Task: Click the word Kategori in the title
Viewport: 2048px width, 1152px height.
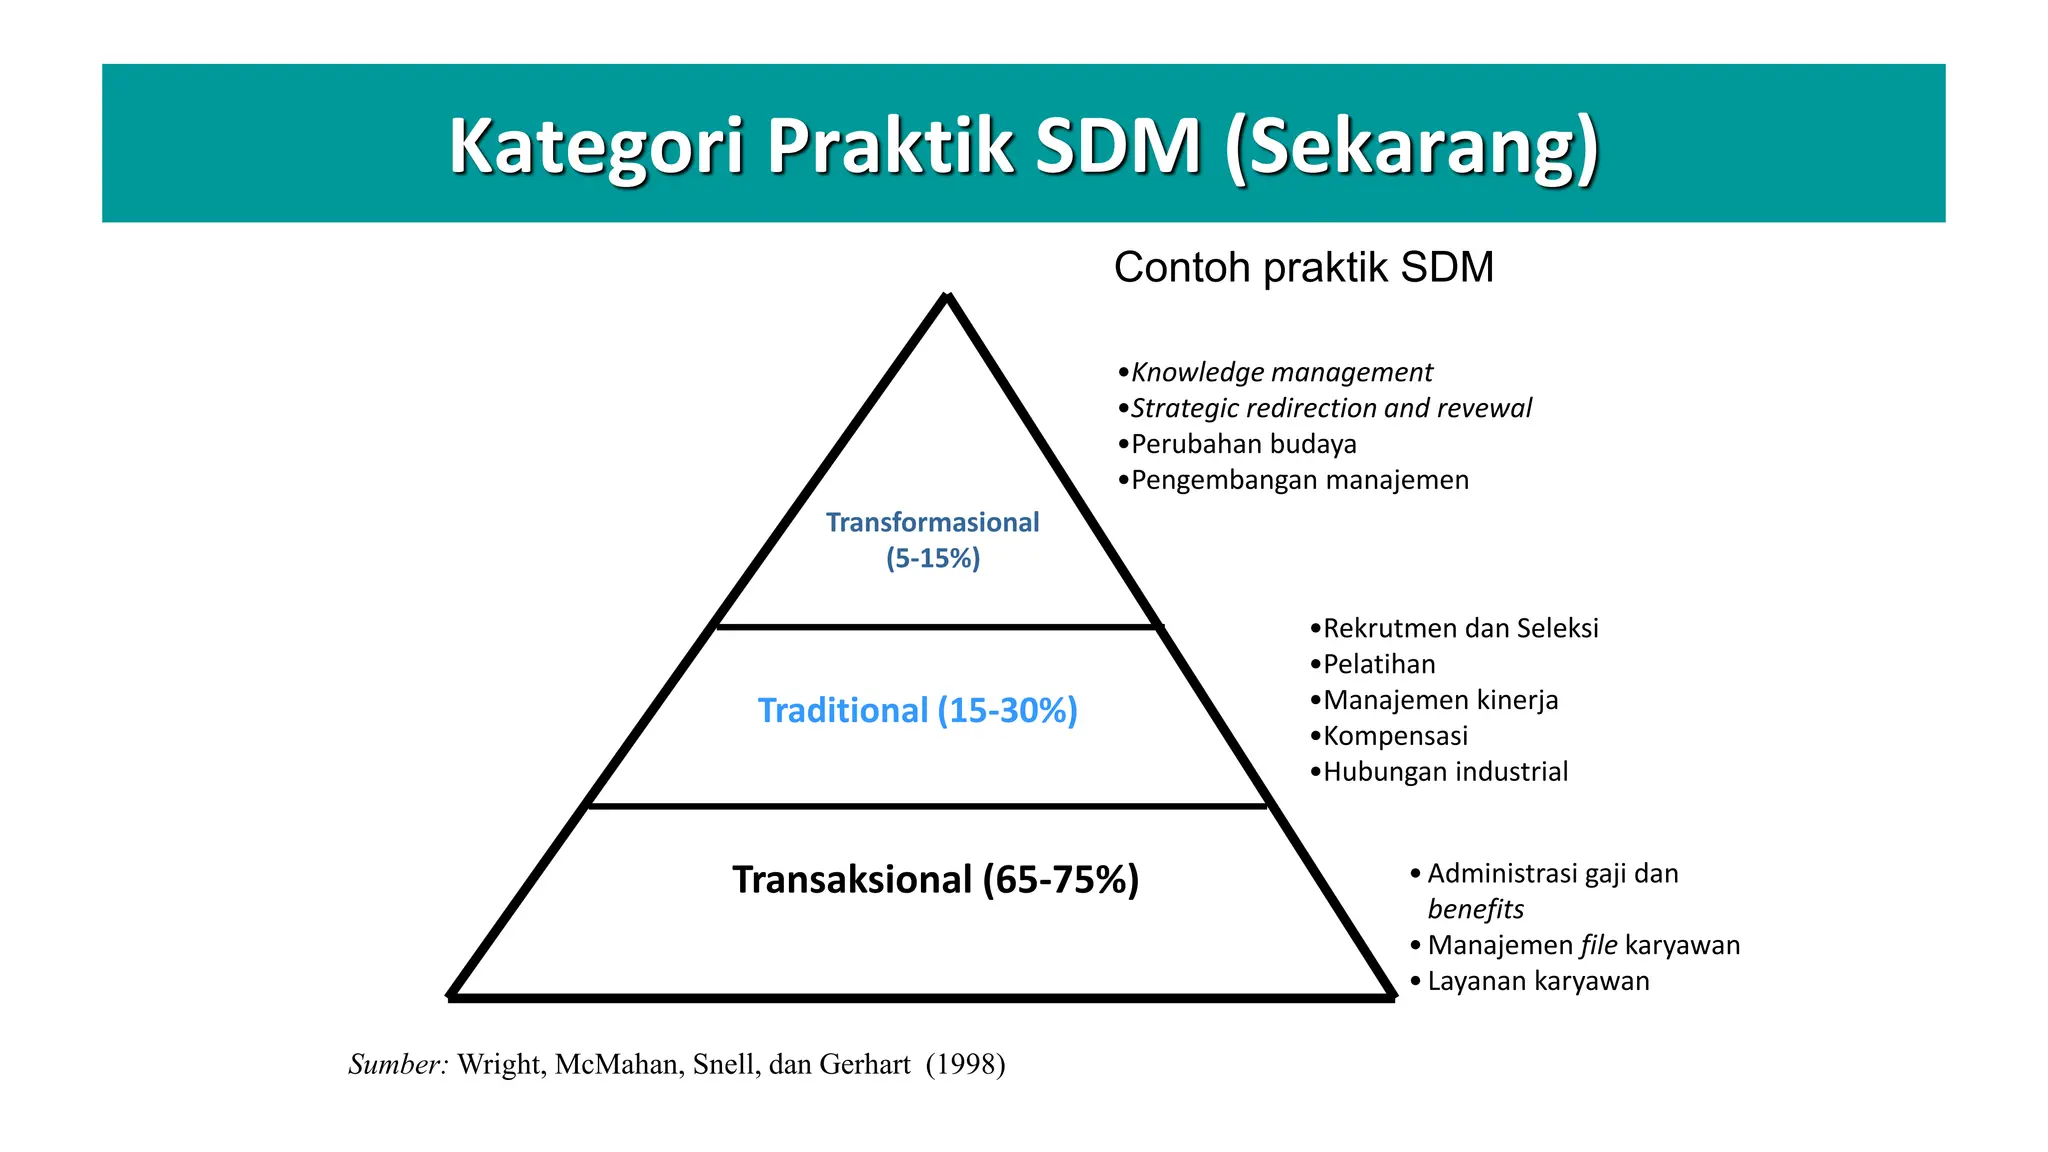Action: pyautogui.click(x=596, y=146)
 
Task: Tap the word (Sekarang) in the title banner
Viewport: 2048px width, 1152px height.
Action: pyautogui.click(x=1411, y=146)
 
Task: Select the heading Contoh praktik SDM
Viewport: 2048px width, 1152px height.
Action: pyautogui.click(x=1303, y=268)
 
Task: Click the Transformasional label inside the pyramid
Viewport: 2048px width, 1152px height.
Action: pyautogui.click(x=932, y=522)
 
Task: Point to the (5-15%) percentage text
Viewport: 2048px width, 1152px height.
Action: pyautogui.click(x=932, y=558)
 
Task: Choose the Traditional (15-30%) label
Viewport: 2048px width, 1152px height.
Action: pyautogui.click(x=917, y=710)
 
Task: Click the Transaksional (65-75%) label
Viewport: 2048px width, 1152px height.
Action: pyautogui.click(x=935, y=879)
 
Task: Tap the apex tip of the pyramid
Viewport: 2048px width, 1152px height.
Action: pyautogui.click(x=947, y=297)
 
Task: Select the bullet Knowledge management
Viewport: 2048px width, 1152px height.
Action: pyautogui.click(x=1281, y=372)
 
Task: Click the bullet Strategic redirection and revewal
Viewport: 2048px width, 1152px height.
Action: pyautogui.click(x=1330, y=408)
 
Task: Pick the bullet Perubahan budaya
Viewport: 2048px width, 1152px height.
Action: pyautogui.click(x=1243, y=444)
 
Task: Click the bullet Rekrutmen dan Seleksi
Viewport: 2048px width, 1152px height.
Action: pyautogui.click(x=1460, y=628)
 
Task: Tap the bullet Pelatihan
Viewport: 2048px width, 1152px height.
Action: pyautogui.click(x=1378, y=664)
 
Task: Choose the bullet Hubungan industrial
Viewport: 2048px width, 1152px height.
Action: pyautogui.click(x=1445, y=772)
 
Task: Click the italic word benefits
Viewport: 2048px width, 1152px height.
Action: pyautogui.click(x=1475, y=909)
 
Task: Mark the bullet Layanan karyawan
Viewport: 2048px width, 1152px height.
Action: pyautogui.click(x=1538, y=981)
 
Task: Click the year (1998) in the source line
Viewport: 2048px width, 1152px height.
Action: pyautogui.click(x=965, y=1064)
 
